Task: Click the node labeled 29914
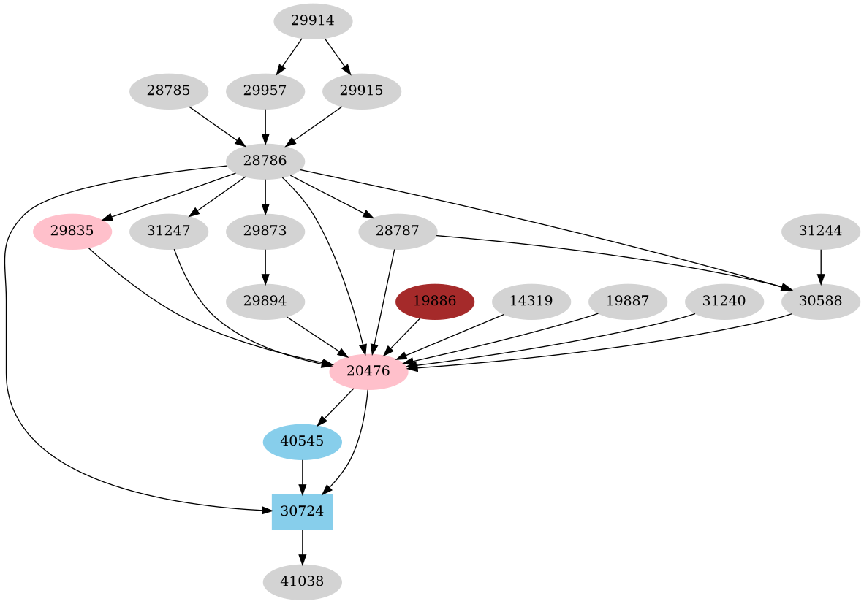(x=313, y=21)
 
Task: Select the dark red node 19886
(x=435, y=302)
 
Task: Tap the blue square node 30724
(x=302, y=512)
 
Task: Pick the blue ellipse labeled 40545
(x=302, y=442)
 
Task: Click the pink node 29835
(x=72, y=232)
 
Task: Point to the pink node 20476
(x=368, y=372)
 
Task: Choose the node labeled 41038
(x=302, y=582)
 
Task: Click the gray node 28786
(x=265, y=161)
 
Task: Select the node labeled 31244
(x=820, y=232)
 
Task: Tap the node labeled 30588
(x=820, y=302)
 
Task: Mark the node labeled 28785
(x=169, y=92)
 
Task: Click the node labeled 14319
(x=531, y=302)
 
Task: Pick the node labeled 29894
(x=265, y=302)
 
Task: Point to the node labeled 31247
(x=169, y=232)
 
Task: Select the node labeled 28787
(x=398, y=232)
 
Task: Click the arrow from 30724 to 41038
(x=302, y=547)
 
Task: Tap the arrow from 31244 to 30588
(x=820, y=267)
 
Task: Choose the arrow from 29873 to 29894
(x=265, y=267)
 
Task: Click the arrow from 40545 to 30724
(x=302, y=477)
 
